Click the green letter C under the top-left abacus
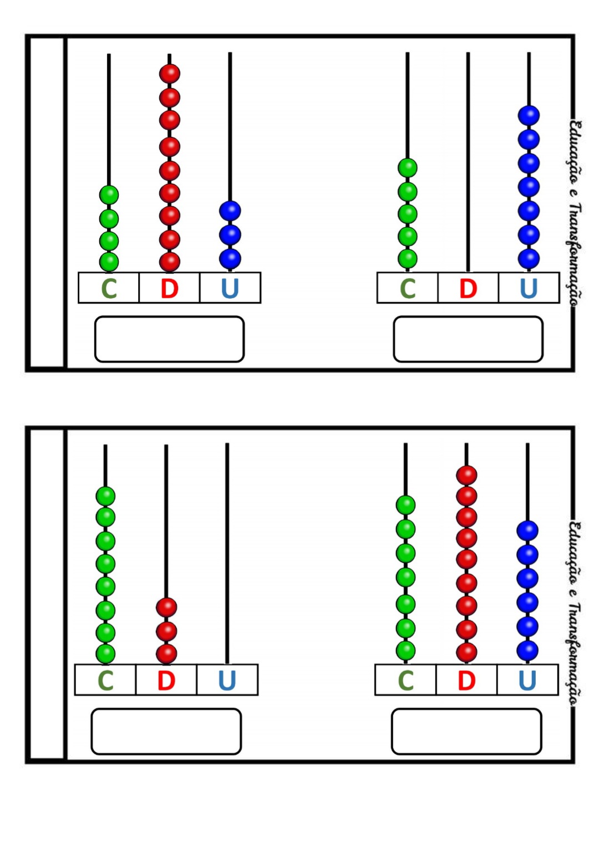tap(109, 288)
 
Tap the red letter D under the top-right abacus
tap(468, 288)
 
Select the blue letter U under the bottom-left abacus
tap(227, 680)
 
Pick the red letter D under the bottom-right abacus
tap(466, 680)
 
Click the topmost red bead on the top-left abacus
tap(170, 73)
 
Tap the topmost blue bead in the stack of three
tap(230, 211)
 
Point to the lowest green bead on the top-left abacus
tap(109, 261)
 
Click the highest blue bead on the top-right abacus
tap(529, 115)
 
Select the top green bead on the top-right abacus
tap(408, 167)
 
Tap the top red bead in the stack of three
tap(166, 607)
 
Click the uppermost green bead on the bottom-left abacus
tap(105, 496)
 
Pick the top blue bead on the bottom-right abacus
tap(527, 530)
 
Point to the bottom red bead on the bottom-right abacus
tap(466, 652)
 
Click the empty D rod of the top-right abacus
tap(468, 166)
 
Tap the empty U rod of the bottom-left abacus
tap(227, 554)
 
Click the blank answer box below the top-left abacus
tap(169, 339)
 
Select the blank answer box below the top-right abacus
tap(468, 339)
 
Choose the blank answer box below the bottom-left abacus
tap(166, 731)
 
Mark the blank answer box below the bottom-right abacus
tap(466, 731)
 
